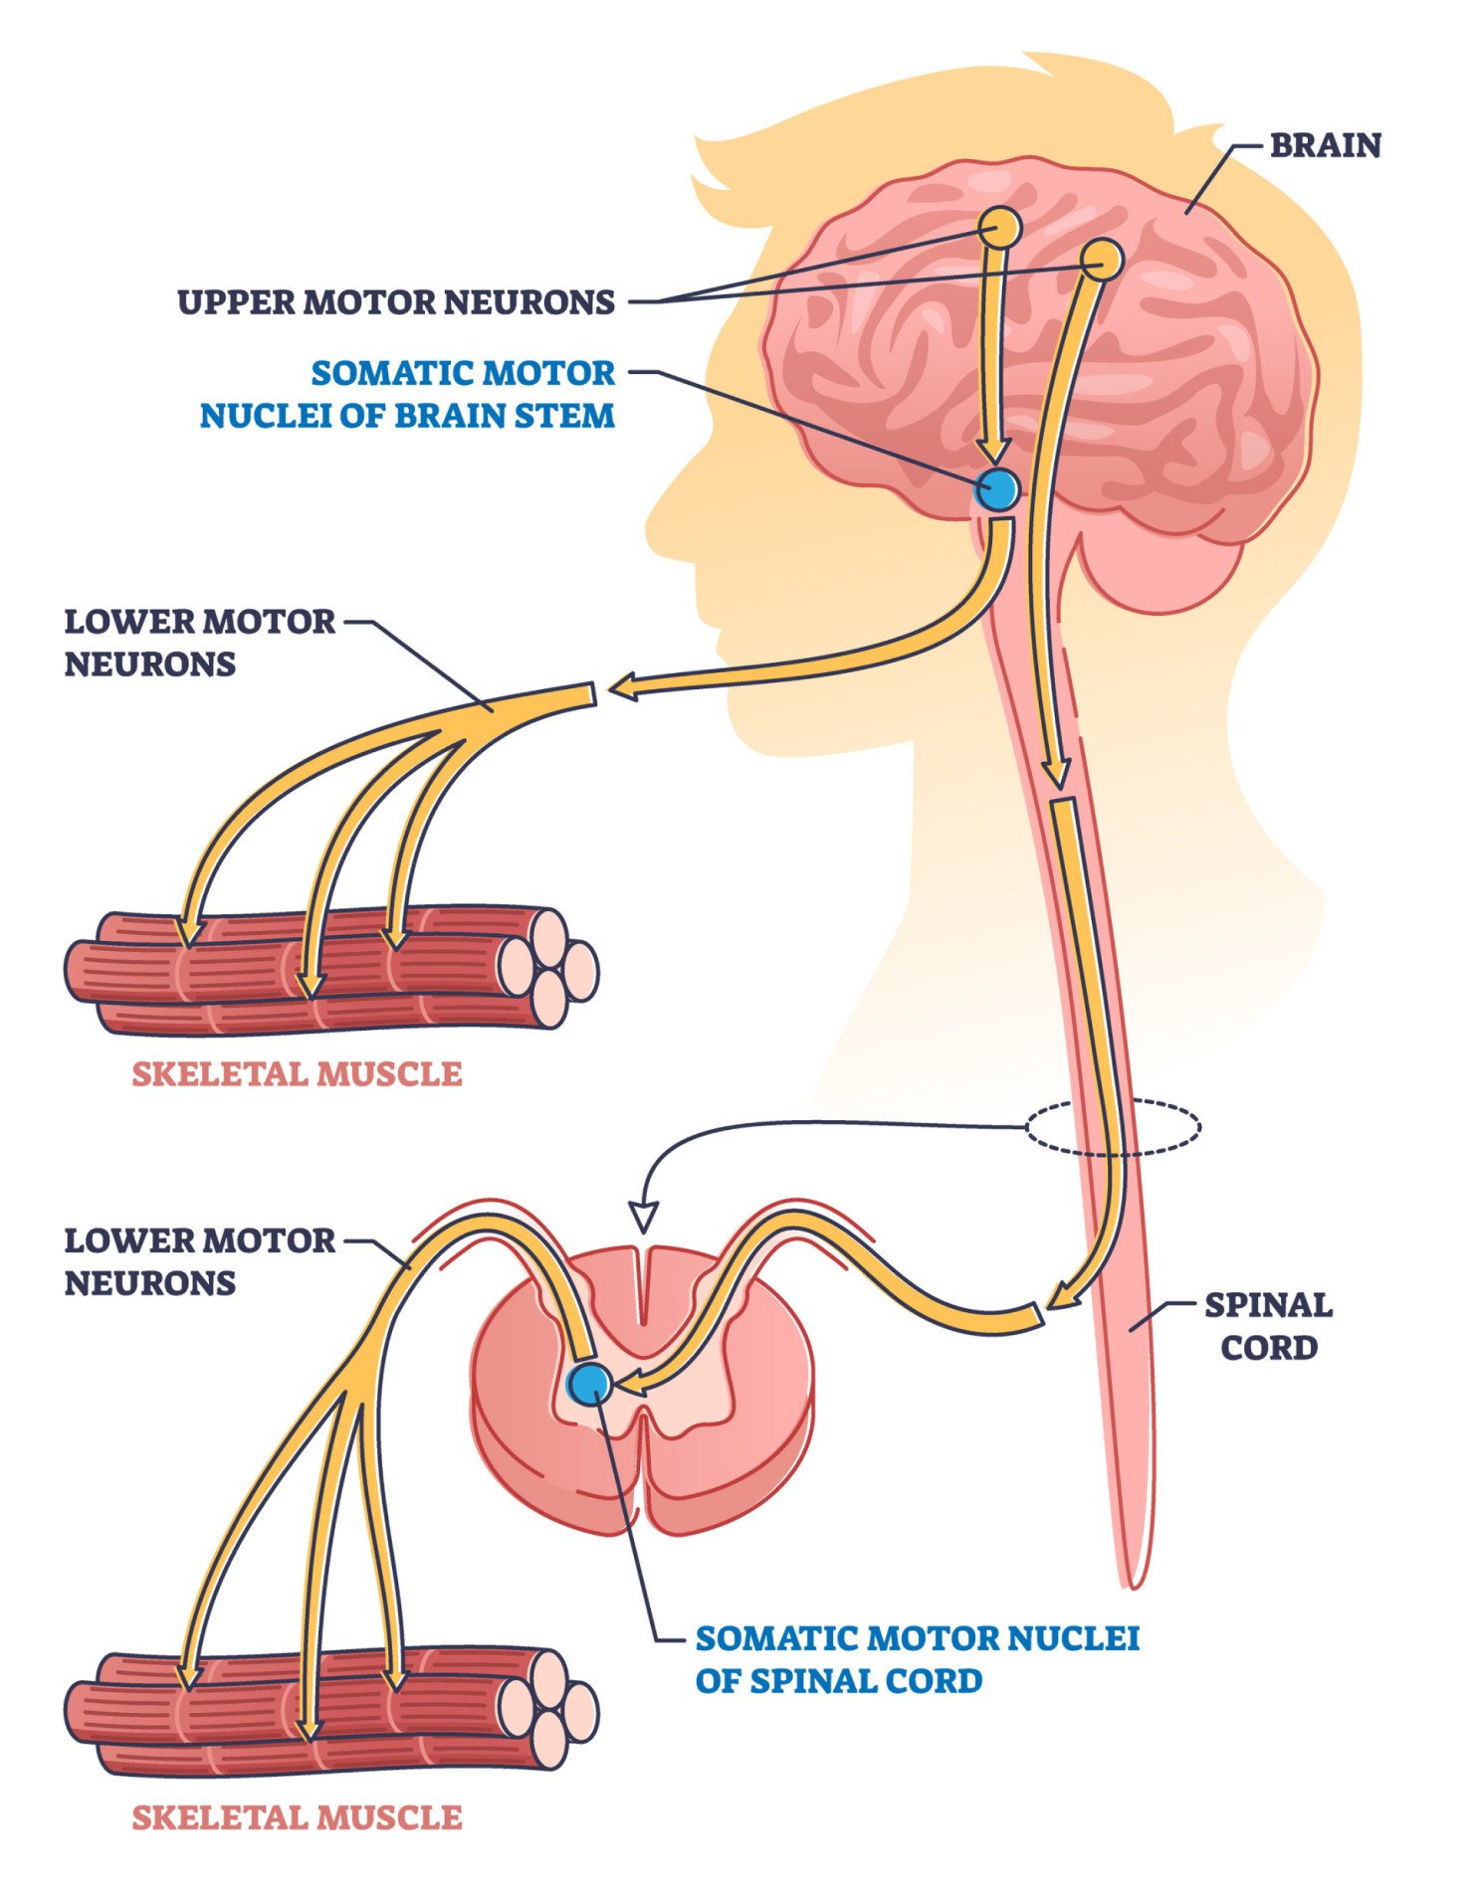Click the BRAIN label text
[x=1325, y=145]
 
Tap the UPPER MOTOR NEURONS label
[x=396, y=301]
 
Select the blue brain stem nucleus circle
[x=997, y=489]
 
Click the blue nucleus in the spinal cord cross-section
[x=590, y=1383]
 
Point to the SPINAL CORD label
[x=1268, y=1326]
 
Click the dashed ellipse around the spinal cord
[x=1113, y=1127]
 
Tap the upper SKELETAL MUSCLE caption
[x=297, y=1073]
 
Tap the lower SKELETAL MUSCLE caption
[x=297, y=1817]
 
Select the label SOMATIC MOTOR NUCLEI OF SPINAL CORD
[x=917, y=1658]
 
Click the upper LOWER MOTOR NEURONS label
[x=199, y=643]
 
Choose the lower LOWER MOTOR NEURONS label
[x=199, y=1261]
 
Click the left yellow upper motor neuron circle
[x=999, y=228]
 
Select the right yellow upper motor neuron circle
[x=1102, y=260]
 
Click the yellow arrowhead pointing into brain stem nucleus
[x=993, y=452]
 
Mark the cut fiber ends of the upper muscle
[x=547, y=967]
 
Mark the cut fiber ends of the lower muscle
[x=547, y=1708]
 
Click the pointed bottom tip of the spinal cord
[x=1132, y=1584]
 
